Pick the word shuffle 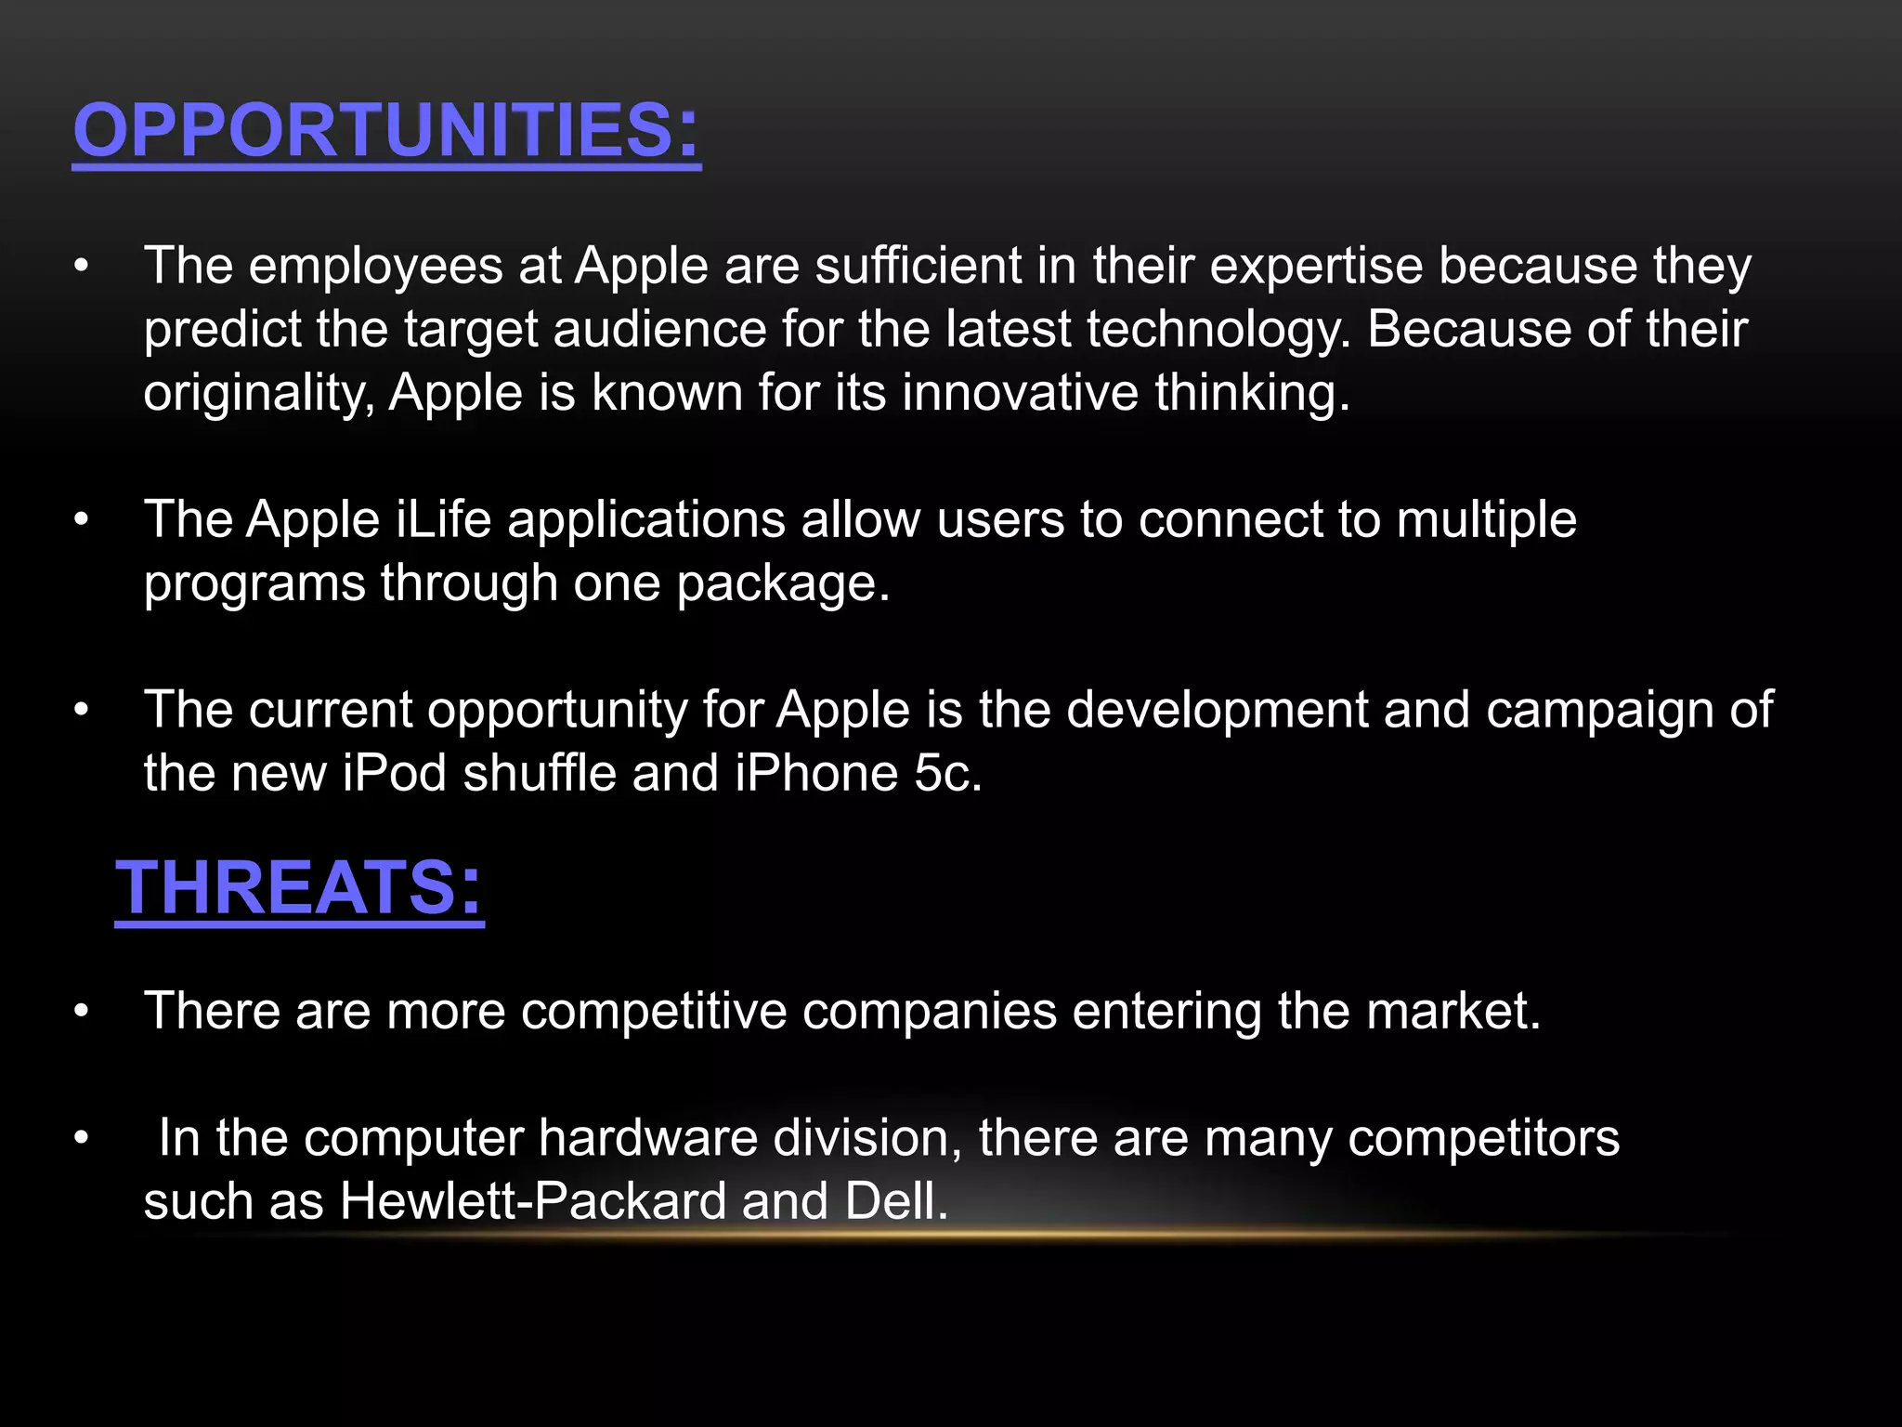point(539,773)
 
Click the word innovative point(1020,393)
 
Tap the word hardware point(647,1137)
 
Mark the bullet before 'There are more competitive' point(82,1011)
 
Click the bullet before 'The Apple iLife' point(82,519)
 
